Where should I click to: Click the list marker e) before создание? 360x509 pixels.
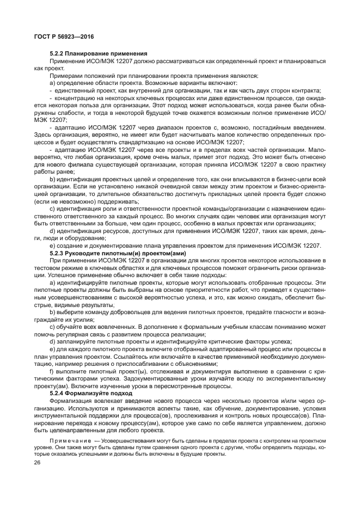(x=52, y=246)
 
